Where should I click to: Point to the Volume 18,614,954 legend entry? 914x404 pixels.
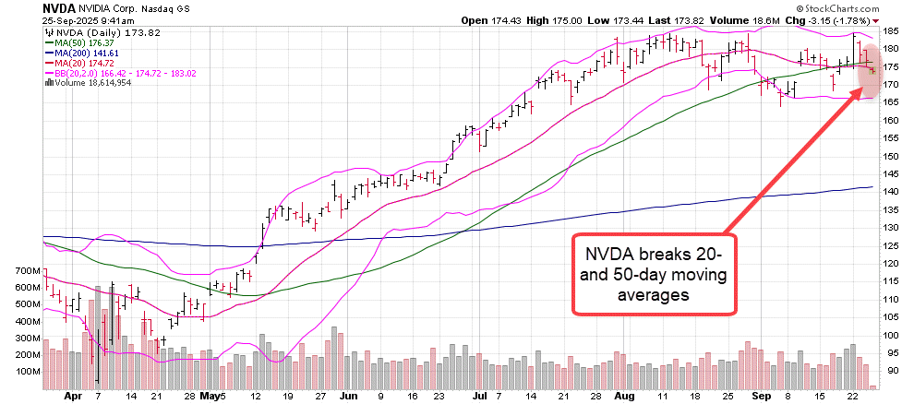83,83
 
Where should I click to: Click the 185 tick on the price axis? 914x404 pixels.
892,31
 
